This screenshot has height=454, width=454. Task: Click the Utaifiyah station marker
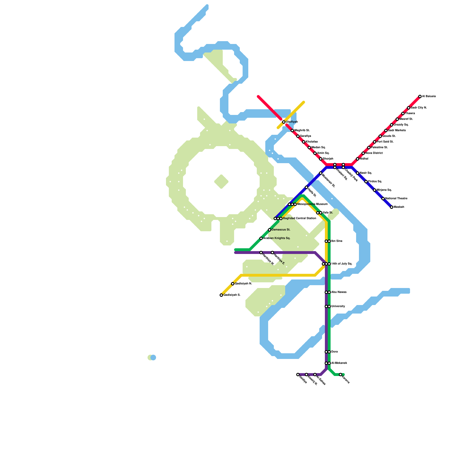coord(284,122)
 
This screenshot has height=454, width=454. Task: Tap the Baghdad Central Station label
coord(299,218)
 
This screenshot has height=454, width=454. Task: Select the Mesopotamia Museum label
coord(312,204)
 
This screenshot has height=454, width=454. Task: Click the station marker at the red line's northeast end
coord(420,96)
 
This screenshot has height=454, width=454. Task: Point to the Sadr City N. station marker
coord(409,108)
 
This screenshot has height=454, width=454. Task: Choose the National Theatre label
coord(396,199)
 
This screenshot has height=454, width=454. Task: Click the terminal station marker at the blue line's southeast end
coord(392,207)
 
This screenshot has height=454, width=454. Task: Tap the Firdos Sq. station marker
coord(366,182)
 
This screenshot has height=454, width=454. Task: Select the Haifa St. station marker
coord(306,187)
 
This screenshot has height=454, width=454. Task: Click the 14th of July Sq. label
coord(342,264)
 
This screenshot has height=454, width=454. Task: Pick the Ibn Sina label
coord(337,241)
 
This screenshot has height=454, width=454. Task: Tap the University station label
coord(338,306)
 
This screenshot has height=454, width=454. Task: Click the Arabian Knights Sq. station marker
coord(261,238)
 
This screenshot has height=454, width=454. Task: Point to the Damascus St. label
coord(281,230)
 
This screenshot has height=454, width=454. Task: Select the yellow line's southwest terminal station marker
coord(221,295)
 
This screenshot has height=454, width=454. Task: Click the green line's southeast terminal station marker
coord(340,375)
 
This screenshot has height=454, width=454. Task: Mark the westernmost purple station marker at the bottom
coord(298,375)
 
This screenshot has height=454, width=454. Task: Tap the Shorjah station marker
coord(321,159)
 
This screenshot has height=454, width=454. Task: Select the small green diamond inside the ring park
coord(221,182)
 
